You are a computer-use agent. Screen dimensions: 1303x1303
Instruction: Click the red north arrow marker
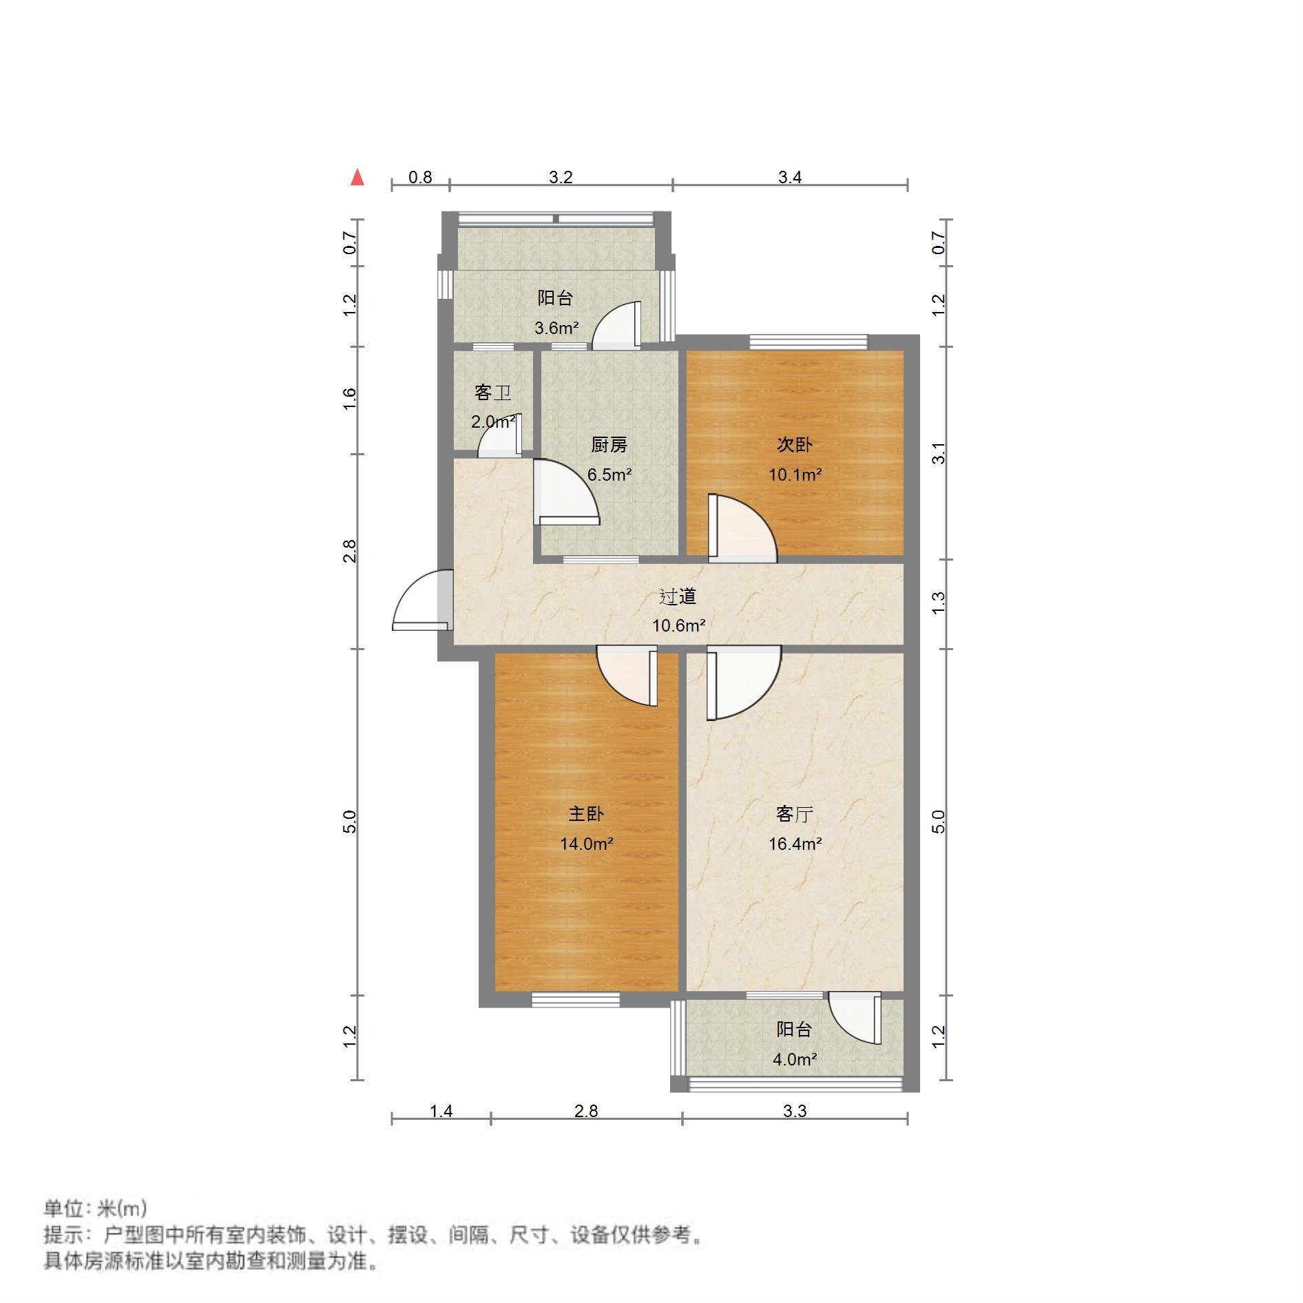click(x=357, y=178)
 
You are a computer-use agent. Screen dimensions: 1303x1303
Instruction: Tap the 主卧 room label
click(x=585, y=814)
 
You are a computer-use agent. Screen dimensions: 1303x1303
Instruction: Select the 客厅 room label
click(x=795, y=815)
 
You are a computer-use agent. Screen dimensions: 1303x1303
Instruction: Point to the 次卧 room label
click(x=795, y=445)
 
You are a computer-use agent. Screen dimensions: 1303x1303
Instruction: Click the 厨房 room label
click(x=609, y=446)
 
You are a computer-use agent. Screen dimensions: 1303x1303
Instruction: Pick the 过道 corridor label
click(x=678, y=596)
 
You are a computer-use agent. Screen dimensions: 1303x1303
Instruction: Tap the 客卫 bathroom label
click(x=492, y=393)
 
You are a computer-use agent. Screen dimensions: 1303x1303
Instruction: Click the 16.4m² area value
click(x=795, y=844)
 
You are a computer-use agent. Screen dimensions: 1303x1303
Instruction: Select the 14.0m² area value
click(x=586, y=844)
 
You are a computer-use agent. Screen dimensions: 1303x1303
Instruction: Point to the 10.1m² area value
click(x=795, y=475)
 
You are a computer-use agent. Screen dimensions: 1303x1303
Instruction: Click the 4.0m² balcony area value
click(x=794, y=1060)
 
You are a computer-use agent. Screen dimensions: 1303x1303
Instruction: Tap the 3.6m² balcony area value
click(x=556, y=329)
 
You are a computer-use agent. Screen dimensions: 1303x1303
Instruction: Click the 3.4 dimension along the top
click(x=790, y=178)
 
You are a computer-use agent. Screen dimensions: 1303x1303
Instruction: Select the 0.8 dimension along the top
click(x=420, y=178)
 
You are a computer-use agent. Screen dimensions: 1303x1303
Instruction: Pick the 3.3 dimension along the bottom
click(x=795, y=1112)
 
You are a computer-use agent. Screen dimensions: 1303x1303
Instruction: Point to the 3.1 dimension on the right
click(x=939, y=453)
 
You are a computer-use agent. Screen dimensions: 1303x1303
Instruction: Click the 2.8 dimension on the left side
click(x=350, y=551)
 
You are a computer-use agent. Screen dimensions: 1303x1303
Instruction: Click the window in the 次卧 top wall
click(x=809, y=342)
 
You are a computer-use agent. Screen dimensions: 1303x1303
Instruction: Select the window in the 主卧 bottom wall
click(x=576, y=1000)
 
